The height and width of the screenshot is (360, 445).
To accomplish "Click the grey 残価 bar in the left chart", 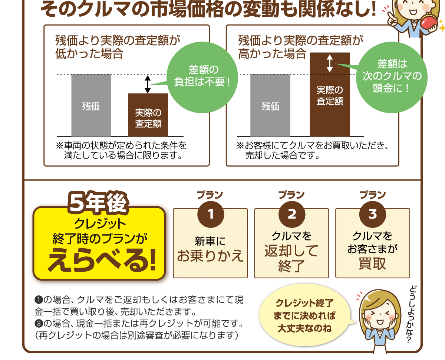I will pos(91,105).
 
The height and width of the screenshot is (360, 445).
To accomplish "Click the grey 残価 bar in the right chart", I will pos(270,105).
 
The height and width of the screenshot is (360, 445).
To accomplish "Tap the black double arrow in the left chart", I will pos(148,84).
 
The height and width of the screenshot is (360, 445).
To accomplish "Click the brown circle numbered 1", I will pos(210,215).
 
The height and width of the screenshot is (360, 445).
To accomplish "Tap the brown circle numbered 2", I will pos(291,215).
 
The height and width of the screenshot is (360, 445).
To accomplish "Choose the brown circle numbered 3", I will pos(373,215).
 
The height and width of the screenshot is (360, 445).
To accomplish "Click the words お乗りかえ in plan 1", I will pos(210,256).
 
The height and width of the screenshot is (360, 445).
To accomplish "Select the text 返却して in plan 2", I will pos(291,251).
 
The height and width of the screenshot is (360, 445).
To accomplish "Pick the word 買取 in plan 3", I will pos(373,264).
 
